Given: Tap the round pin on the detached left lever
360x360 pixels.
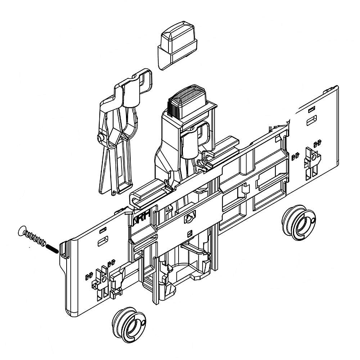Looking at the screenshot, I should click(100, 138).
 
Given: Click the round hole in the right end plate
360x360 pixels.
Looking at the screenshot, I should click(315, 157).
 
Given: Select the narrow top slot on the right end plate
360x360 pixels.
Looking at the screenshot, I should click(312, 108).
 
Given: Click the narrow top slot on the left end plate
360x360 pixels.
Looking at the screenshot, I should click(103, 229).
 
